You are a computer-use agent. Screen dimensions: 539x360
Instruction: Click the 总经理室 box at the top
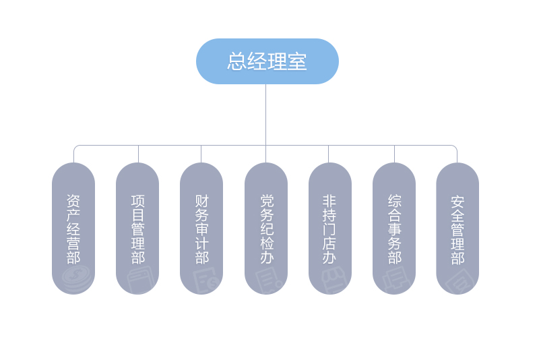[267, 61]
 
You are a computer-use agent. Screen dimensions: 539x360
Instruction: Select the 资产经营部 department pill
[73, 229]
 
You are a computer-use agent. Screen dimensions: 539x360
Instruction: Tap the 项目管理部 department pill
[137, 229]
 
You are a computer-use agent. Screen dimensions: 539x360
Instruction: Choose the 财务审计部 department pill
[201, 229]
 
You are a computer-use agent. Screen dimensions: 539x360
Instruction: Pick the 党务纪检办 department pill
[266, 229]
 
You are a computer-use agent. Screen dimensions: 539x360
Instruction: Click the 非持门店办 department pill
[330, 229]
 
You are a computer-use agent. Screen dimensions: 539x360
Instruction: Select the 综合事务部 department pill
[394, 229]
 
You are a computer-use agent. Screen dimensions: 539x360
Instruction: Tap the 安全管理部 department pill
[457, 229]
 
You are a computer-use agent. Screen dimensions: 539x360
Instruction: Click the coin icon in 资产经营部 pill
[77, 278]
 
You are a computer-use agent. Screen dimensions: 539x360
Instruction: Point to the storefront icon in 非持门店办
[334, 280]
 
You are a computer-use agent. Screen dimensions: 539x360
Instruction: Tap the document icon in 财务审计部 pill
[205, 280]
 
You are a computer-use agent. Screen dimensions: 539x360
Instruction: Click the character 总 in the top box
[237, 61]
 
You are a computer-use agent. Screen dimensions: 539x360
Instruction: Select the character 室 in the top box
[297, 61]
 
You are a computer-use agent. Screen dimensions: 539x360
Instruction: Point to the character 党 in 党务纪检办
[266, 201]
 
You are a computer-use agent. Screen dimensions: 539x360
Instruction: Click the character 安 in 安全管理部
[457, 202]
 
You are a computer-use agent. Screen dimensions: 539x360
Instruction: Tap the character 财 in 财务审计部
[201, 201]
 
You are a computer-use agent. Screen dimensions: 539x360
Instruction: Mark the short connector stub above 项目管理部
[138, 154]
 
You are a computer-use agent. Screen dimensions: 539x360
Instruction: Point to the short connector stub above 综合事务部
[394, 154]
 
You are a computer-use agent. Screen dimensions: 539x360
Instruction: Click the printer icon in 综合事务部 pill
[397, 280]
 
